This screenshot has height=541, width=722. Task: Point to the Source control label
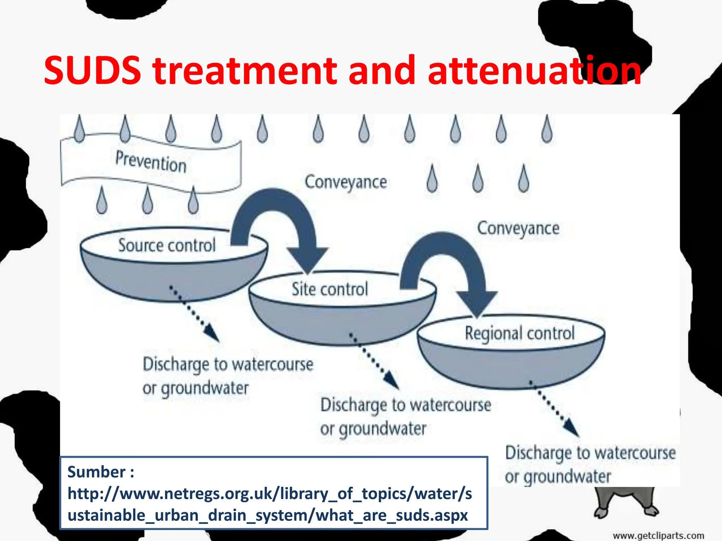click(167, 245)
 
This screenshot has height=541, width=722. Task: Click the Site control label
click(330, 289)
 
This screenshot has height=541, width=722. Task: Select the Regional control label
click(520, 333)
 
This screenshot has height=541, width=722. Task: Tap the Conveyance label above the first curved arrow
click(346, 182)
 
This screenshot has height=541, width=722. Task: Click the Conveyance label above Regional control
click(518, 229)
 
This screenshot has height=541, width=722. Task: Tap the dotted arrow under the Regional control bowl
click(555, 409)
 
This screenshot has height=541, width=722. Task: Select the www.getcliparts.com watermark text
click(658, 536)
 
